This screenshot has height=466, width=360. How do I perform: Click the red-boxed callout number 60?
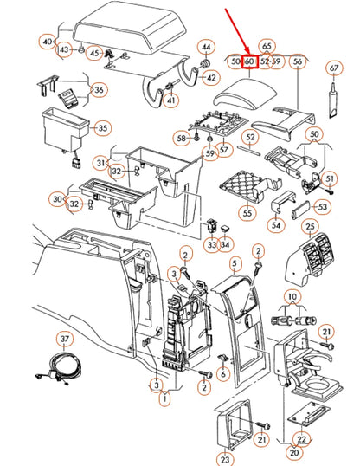(249, 61)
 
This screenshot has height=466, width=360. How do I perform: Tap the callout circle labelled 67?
(334, 68)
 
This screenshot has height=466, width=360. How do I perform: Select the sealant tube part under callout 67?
(333, 100)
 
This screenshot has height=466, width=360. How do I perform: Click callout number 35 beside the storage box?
(102, 128)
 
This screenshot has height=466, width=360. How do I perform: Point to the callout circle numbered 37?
(65, 339)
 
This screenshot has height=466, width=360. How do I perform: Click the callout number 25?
(310, 227)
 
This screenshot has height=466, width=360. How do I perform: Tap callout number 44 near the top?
(206, 47)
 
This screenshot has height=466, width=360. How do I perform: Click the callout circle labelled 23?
(224, 459)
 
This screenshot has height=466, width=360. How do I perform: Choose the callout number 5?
(235, 263)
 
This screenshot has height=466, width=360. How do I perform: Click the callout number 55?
(247, 213)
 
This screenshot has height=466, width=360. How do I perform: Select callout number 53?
(322, 207)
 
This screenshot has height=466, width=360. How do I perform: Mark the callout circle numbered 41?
(171, 100)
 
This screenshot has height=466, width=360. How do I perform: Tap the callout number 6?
(223, 374)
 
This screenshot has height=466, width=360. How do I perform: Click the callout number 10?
(292, 296)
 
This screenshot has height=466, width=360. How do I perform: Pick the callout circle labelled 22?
(301, 439)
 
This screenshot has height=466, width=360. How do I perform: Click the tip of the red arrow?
(248, 54)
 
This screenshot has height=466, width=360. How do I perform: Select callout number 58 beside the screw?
(181, 139)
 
